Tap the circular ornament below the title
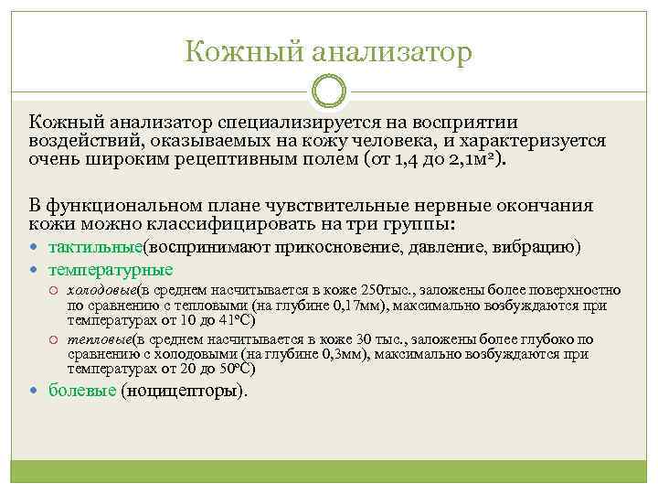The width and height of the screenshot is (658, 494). pos(329,91)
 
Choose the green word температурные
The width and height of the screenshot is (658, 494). pos(111,270)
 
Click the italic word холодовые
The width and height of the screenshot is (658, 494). pos(102,291)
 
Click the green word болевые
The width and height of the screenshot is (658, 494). pos(82,392)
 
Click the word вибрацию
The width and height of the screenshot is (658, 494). pos(539,247)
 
